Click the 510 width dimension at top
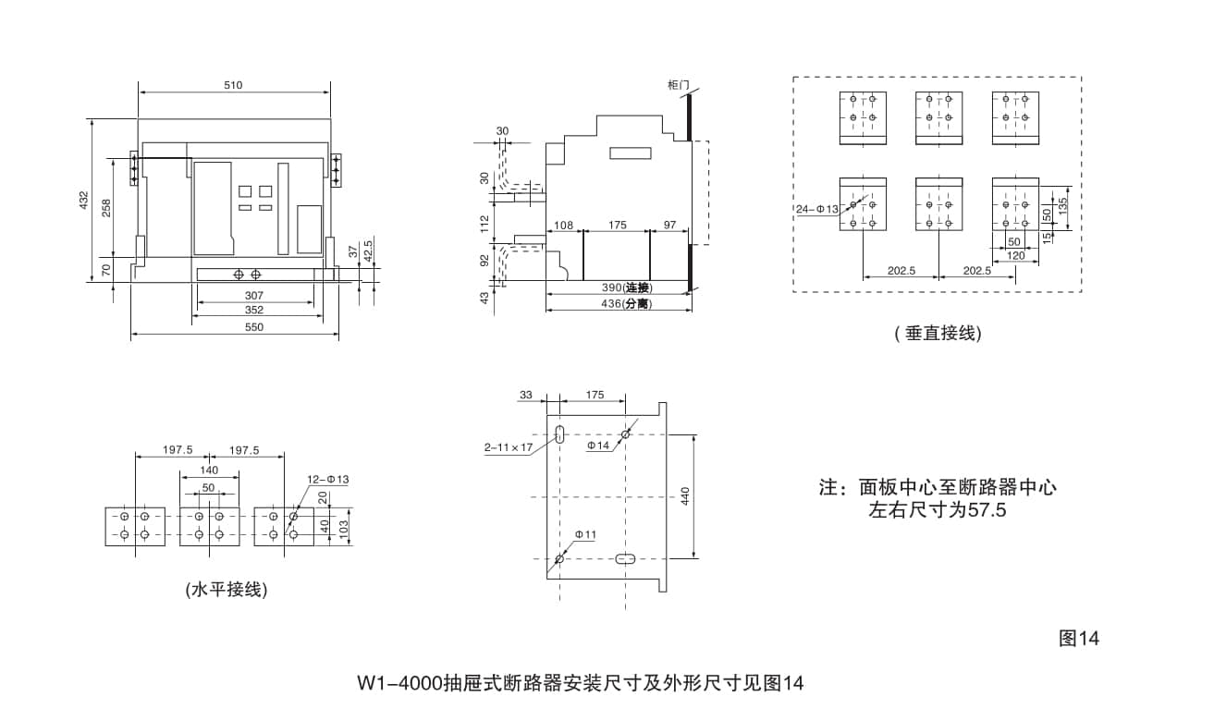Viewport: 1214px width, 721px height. [x=232, y=85]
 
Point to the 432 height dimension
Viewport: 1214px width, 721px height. [x=83, y=199]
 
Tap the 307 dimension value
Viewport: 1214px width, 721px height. [x=253, y=295]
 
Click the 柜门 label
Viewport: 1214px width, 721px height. [x=678, y=85]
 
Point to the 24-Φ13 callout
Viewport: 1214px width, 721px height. [x=816, y=209]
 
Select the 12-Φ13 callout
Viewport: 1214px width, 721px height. [x=327, y=479]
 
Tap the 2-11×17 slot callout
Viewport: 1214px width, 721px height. [x=509, y=447]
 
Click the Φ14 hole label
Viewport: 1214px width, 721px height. [x=599, y=446]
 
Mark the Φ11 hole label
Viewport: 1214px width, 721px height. [x=585, y=534]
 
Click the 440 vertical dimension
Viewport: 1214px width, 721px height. [x=685, y=496]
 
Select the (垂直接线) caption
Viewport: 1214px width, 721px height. [x=938, y=334]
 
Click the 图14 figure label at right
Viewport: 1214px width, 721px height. [x=1079, y=639]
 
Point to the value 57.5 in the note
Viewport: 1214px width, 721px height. [x=987, y=510]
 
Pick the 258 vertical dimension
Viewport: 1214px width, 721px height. [x=106, y=208]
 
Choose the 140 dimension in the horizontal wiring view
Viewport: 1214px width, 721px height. [x=209, y=470]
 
